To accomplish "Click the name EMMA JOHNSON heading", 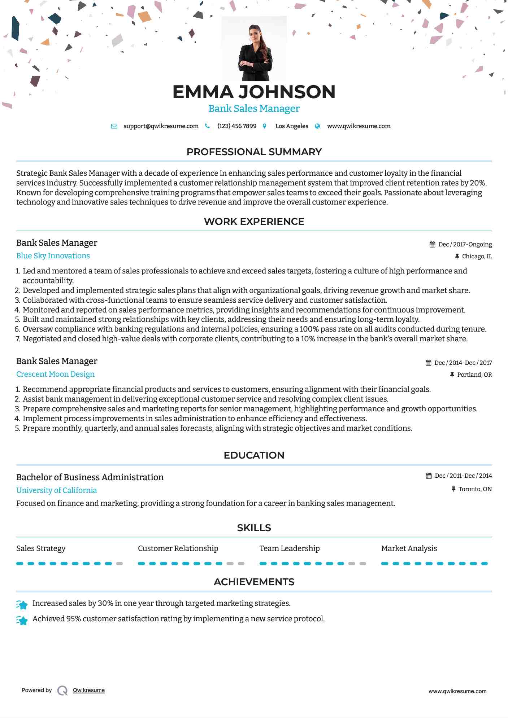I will point(254,92).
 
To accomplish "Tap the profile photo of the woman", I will point(255,49).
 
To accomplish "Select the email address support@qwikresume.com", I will point(161,126).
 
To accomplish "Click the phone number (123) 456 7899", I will point(236,126).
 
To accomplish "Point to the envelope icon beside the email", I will point(114,126).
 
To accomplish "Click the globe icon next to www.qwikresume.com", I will point(317,126).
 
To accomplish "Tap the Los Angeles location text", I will point(291,126).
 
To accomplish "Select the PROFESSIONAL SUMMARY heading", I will point(254,152).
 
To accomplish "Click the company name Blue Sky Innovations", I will point(53,256).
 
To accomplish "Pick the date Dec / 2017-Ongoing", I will point(465,244).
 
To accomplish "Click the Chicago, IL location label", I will point(477,256).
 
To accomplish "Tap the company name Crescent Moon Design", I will point(55,374).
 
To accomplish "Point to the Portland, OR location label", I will point(474,375).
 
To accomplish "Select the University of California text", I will point(57,490).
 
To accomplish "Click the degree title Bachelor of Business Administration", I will point(90,477).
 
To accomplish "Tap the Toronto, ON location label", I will point(475,489).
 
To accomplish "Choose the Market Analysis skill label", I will point(409,548).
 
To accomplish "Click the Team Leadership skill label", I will point(290,548).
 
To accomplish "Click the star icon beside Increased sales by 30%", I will point(22,604).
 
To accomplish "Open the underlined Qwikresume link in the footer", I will point(89,690).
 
